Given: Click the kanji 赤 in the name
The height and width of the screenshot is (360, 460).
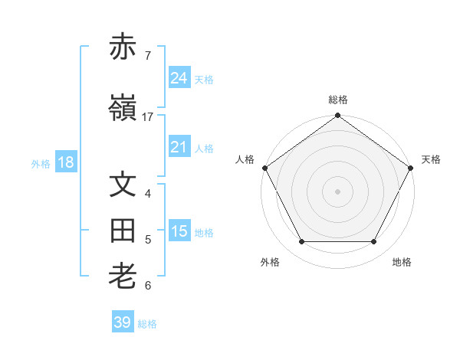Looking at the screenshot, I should tap(123, 47).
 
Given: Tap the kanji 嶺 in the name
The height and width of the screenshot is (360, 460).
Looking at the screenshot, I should tap(123, 109).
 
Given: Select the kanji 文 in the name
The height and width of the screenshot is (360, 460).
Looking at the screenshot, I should tap(123, 185).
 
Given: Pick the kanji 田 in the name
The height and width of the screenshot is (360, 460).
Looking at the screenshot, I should tap(123, 231).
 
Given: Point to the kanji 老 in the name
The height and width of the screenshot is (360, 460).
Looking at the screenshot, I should tap(123, 277).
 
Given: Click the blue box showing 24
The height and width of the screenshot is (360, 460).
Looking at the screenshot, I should tap(179, 78).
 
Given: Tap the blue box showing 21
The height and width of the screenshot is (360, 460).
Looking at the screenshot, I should tap(179, 147).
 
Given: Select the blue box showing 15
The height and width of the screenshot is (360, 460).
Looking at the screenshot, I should tap(179, 231).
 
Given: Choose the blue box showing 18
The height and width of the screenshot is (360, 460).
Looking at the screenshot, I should tap(65, 162).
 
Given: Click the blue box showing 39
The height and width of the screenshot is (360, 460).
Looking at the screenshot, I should tap(123, 322).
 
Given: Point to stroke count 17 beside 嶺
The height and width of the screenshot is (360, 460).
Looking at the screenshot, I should tap(148, 117).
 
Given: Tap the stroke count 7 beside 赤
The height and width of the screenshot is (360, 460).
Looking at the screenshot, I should tap(148, 56).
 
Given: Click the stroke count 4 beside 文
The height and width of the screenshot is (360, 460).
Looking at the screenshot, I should tap(148, 194).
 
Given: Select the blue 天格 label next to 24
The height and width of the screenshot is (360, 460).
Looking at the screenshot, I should tap(204, 79).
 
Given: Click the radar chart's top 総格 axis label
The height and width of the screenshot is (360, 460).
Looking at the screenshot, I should tap(338, 100).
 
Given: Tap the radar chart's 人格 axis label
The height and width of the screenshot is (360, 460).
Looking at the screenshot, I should tap(245, 159).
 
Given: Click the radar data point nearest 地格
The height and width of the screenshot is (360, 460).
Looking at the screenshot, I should tap(374, 242).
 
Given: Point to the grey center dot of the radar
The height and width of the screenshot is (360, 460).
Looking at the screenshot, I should tap(338, 191).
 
